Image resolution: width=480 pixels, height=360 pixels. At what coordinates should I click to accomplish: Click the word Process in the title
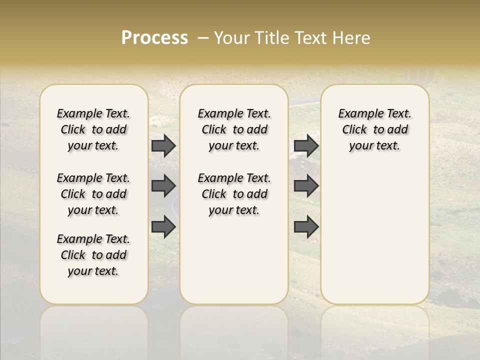[x=154, y=38]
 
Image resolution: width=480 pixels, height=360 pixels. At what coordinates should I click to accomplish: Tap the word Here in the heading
[x=351, y=38]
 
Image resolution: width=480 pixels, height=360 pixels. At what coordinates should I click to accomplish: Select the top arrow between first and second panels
[x=163, y=145]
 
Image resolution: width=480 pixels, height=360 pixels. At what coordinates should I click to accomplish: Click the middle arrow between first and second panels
[x=163, y=186]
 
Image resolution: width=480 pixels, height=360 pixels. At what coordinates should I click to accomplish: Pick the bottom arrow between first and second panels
[x=163, y=226]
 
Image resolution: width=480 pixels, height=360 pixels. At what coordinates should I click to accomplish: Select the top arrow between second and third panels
[x=306, y=145]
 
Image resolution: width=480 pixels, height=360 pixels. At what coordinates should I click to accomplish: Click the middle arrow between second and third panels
[x=306, y=186]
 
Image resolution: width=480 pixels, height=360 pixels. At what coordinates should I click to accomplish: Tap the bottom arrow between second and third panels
[x=306, y=226]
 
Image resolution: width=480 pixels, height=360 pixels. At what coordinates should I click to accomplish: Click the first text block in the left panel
[x=93, y=129]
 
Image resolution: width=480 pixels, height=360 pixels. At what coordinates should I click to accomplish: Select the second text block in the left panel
[x=93, y=194]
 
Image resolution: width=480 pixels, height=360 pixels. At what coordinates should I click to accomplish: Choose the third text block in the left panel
[x=93, y=255]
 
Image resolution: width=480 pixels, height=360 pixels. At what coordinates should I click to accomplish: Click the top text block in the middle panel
[x=234, y=129]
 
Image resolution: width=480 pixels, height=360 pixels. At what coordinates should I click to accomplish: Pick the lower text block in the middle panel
[x=234, y=194]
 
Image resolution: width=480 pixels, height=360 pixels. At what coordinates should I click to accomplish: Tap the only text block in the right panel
[x=374, y=129]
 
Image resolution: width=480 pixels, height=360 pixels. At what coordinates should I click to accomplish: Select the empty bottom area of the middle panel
[x=234, y=260]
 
